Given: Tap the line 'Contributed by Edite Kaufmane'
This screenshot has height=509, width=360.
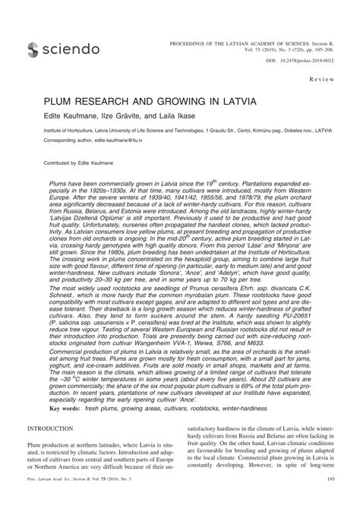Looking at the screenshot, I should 71,163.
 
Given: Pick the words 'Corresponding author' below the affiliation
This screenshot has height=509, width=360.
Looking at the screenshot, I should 53,141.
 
